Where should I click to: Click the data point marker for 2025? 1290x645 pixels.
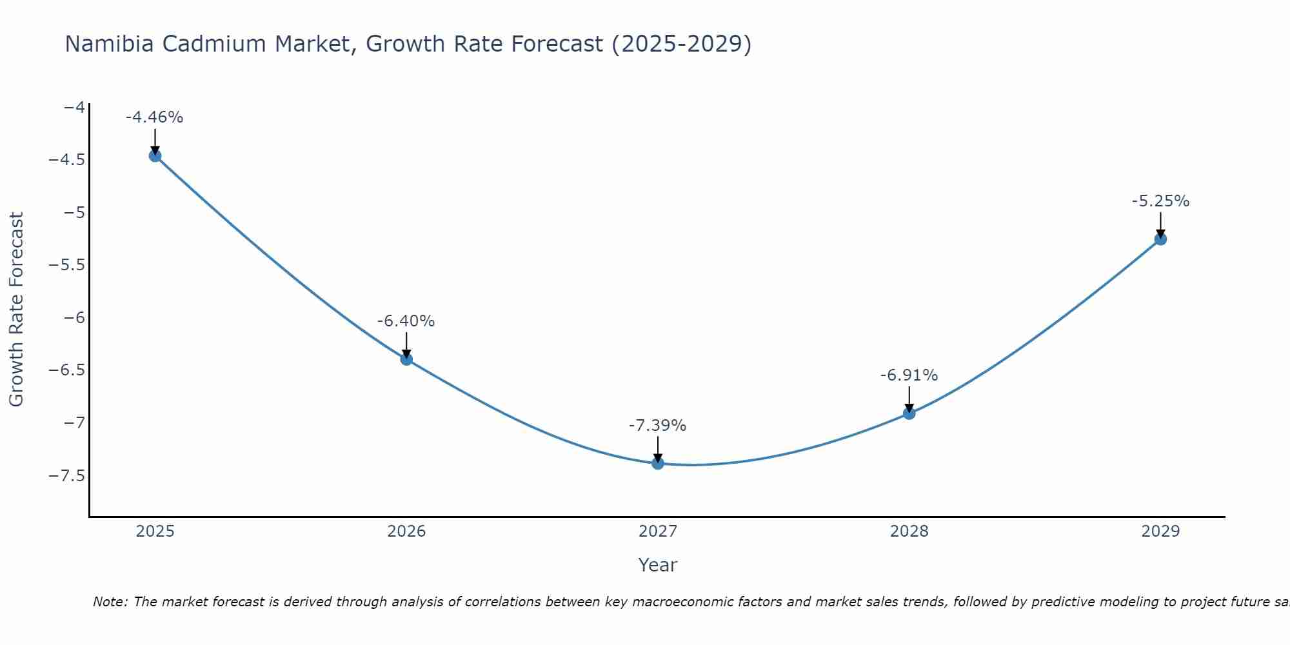(155, 155)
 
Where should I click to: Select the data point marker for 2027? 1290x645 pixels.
(658, 462)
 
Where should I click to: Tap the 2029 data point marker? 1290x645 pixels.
(1160, 239)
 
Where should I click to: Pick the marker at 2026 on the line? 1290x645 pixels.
(406, 359)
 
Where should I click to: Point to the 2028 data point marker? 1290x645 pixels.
(909, 413)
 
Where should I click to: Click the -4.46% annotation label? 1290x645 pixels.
(155, 117)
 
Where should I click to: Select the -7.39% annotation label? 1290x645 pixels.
(658, 426)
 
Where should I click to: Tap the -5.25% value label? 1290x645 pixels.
(1160, 201)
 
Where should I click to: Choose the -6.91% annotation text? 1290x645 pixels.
(909, 375)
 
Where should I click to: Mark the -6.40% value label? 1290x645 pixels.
(406, 321)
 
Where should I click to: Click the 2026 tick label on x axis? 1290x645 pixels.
(406, 531)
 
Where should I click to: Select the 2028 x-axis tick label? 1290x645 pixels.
(909, 531)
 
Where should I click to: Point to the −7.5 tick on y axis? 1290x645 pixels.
(67, 475)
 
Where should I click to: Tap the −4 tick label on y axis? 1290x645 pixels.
(75, 107)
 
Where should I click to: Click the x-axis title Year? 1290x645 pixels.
(657, 565)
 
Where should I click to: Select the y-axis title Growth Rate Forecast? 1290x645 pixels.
(17, 310)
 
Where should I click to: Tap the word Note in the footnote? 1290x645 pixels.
(110, 602)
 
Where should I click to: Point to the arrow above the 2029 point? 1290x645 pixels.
(1160, 224)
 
